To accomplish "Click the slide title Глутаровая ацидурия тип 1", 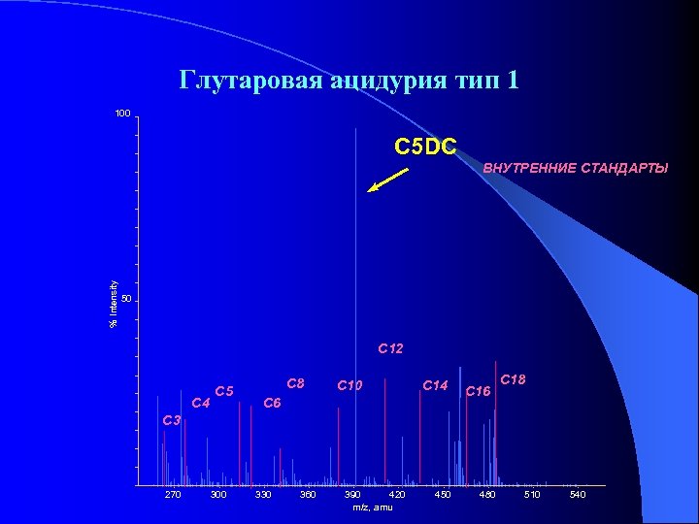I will coord(349,80).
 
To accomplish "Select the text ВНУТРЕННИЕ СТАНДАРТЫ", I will coord(575,169).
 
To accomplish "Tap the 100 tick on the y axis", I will coord(121,115).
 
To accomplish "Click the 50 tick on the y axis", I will coord(124,300).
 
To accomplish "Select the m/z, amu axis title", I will coord(372,507).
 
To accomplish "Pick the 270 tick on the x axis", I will coord(173,496).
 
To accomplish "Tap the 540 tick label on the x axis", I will coord(577,496).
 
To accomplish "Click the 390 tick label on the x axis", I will coord(353,496).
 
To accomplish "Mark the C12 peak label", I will coord(390,347).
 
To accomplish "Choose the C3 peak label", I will coord(172,420).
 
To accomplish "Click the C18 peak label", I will coord(513,380).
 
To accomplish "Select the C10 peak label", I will coord(349,386).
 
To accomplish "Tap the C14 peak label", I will coord(435,386).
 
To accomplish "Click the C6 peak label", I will coord(273,402).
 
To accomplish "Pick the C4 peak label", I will coord(201,402).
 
